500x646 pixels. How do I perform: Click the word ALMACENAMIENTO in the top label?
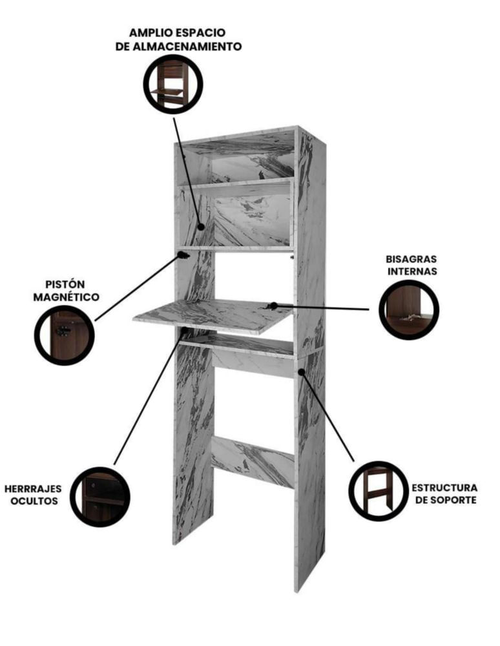point(187,47)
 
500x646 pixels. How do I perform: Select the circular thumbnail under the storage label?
point(173,85)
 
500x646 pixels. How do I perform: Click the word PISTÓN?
point(65,284)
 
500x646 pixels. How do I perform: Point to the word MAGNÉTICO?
point(67,297)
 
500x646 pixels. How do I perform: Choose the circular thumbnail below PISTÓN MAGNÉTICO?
point(64,335)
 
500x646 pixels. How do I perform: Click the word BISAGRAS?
point(411,259)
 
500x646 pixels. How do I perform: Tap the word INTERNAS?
point(412,271)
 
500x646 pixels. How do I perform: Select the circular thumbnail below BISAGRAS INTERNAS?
point(409,310)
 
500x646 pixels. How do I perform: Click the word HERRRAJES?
point(33,488)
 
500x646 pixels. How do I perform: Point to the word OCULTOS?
point(34,501)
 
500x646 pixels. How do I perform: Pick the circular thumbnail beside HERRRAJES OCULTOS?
point(100,497)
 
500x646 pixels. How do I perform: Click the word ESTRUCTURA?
point(445,488)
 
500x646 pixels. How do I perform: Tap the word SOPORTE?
point(455,500)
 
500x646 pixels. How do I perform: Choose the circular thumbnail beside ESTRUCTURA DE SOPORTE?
point(379,491)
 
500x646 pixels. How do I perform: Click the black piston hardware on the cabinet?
point(183,255)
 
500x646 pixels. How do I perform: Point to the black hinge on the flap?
point(272,306)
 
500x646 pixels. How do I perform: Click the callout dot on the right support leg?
point(302,371)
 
